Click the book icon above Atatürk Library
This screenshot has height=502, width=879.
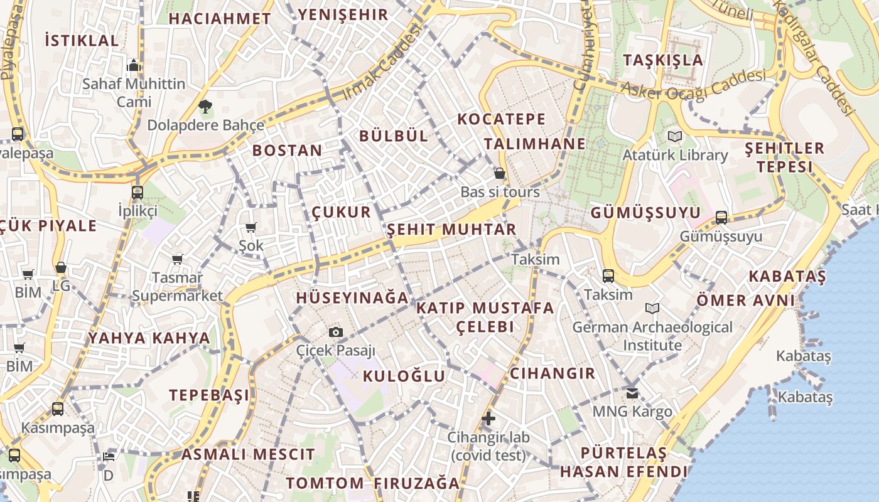click(675, 136)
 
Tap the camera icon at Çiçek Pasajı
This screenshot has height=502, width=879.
click(336, 332)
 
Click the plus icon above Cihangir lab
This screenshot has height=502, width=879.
click(488, 418)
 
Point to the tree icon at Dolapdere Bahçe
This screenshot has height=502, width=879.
click(205, 106)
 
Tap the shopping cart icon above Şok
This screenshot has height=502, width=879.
click(251, 227)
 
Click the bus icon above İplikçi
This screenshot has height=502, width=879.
click(138, 192)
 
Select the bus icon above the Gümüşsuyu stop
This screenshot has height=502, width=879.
click(721, 218)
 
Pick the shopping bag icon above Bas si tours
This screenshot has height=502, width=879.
click(500, 173)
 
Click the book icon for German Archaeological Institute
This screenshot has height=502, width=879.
click(652, 308)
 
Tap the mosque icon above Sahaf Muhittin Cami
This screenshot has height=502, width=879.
click(133, 65)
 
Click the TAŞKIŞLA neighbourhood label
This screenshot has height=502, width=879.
click(663, 60)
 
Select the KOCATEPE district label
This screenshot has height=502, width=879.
click(501, 119)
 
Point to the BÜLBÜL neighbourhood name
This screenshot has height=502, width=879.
click(394, 136)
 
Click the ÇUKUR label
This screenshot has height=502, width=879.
click(342, 212)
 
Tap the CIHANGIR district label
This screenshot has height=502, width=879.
click(552, 374)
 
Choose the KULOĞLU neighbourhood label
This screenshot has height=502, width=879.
click(404, 376)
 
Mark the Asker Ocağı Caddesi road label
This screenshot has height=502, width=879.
click(694, 83)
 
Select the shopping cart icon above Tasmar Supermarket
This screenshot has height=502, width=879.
click(178, 259)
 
